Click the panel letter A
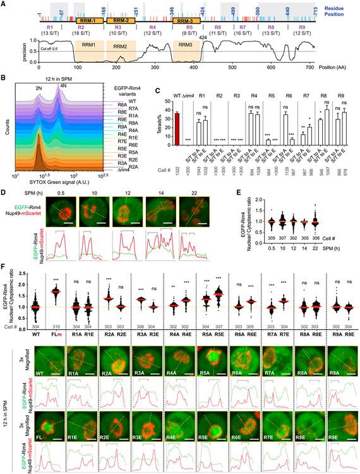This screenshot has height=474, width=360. (4, 4)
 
